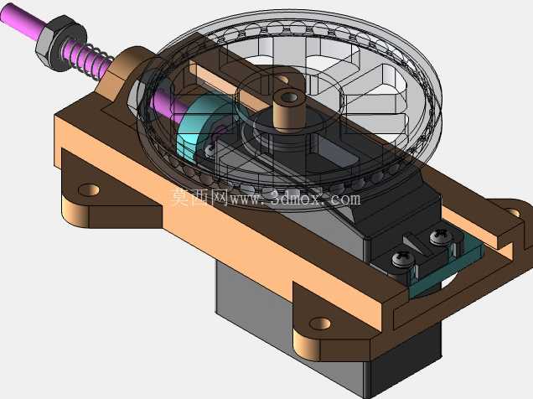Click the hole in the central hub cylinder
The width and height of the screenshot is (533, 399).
tap(289, 97)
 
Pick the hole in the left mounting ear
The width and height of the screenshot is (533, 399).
tap(89, 190)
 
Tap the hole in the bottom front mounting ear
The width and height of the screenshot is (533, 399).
tap(320, 324)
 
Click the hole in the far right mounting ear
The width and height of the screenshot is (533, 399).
tap(514, 213)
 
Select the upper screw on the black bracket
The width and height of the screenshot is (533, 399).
tap(441, 237)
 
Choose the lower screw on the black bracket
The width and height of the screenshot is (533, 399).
tap(403, 259)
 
